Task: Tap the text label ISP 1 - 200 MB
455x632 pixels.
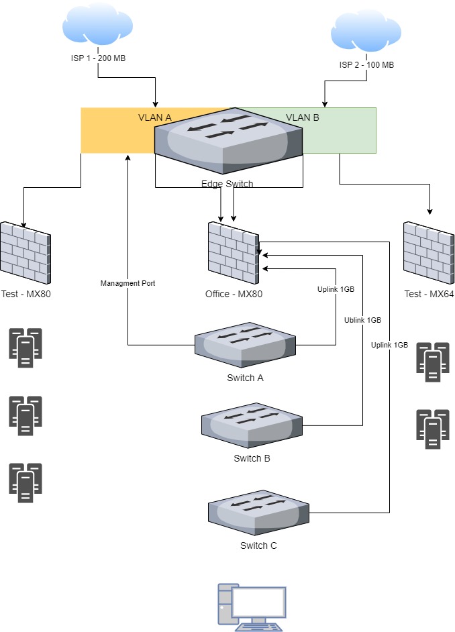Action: (98, 58)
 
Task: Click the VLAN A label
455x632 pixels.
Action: (155, 117)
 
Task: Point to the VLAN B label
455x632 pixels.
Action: (303, 117)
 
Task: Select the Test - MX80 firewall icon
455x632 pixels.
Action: (26, 252)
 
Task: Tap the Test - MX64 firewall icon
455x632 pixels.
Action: (428, 252)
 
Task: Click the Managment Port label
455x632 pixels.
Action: (128, 283)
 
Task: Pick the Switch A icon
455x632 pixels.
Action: (245, 346)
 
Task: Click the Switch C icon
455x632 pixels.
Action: (258, 513)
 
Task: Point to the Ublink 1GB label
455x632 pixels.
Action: (362, 320)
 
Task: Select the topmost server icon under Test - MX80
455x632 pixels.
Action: (26, 348)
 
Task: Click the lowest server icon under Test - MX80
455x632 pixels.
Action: (26, 482)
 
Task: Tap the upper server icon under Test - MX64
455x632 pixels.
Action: (433, 362)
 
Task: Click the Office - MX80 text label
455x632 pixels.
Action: (232, 294)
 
